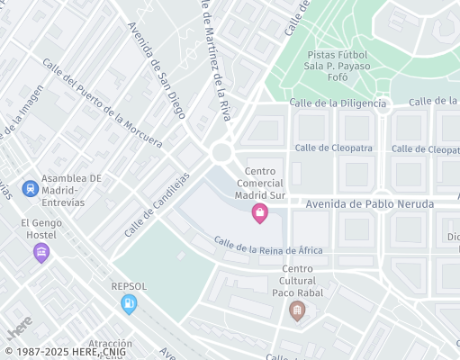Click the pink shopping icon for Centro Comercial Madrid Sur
pos(259,213)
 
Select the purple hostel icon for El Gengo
pos(40,253)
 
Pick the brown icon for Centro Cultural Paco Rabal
pos(297,311)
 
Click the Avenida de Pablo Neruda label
pos(370,204)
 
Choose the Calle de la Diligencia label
pos(338,103)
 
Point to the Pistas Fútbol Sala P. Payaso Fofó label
pos(337,64)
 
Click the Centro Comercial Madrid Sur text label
pos(260,183)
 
